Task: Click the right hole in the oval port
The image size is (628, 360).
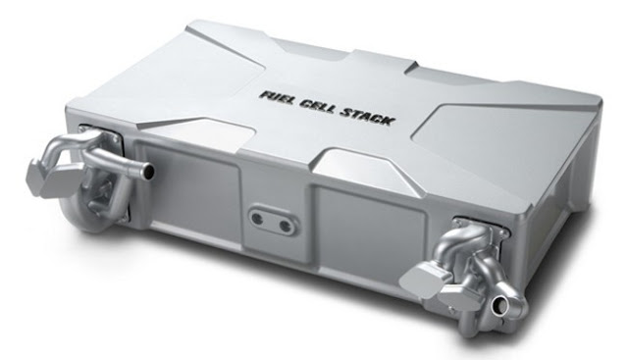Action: click(x=286, y=227)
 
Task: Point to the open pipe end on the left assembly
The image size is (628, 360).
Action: click(x=149, y=172)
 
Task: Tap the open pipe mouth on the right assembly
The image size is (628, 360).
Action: click(x=499, y=308)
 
